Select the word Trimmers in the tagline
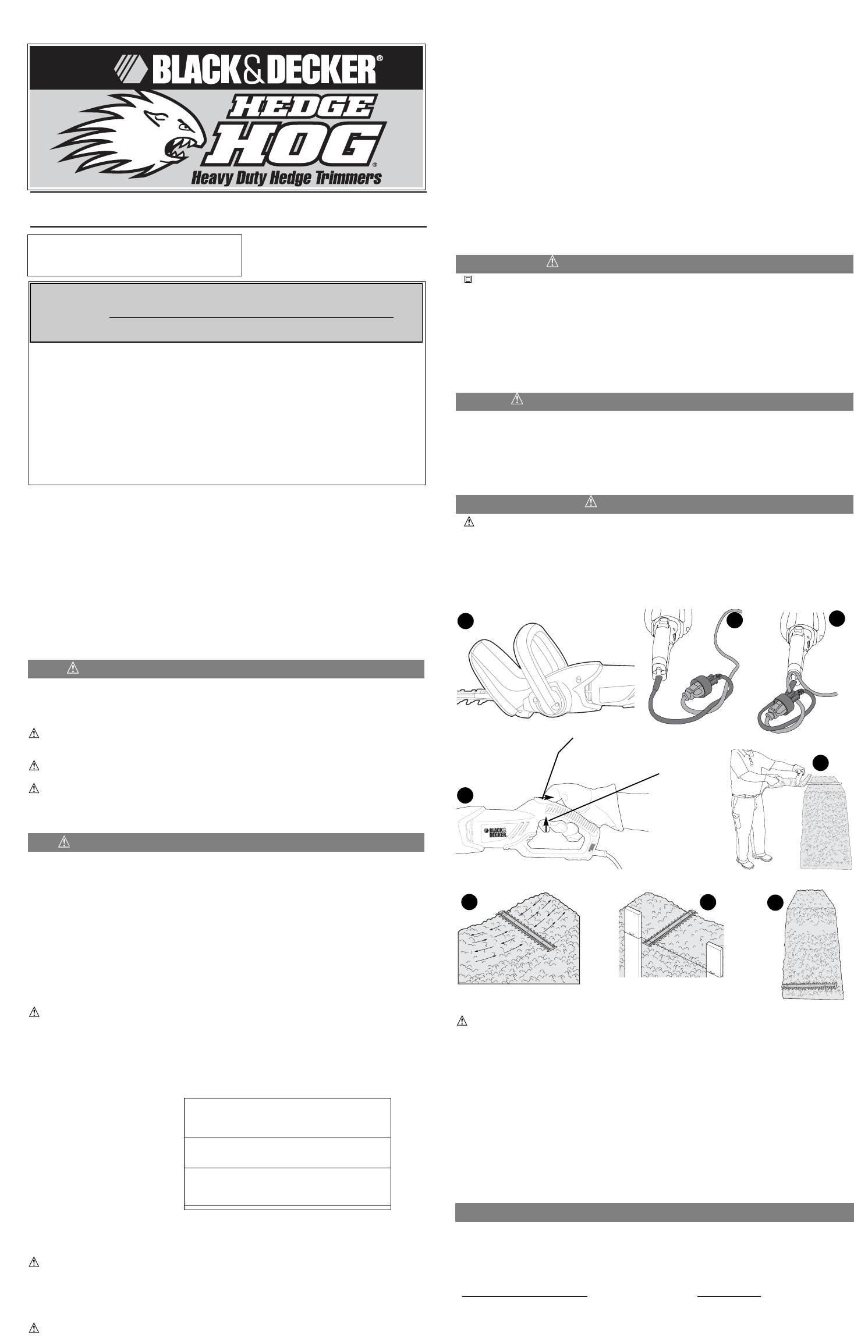coord(348,177)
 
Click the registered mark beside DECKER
coord(379,58)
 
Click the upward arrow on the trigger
coord(545,824)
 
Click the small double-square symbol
coord(467,279)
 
